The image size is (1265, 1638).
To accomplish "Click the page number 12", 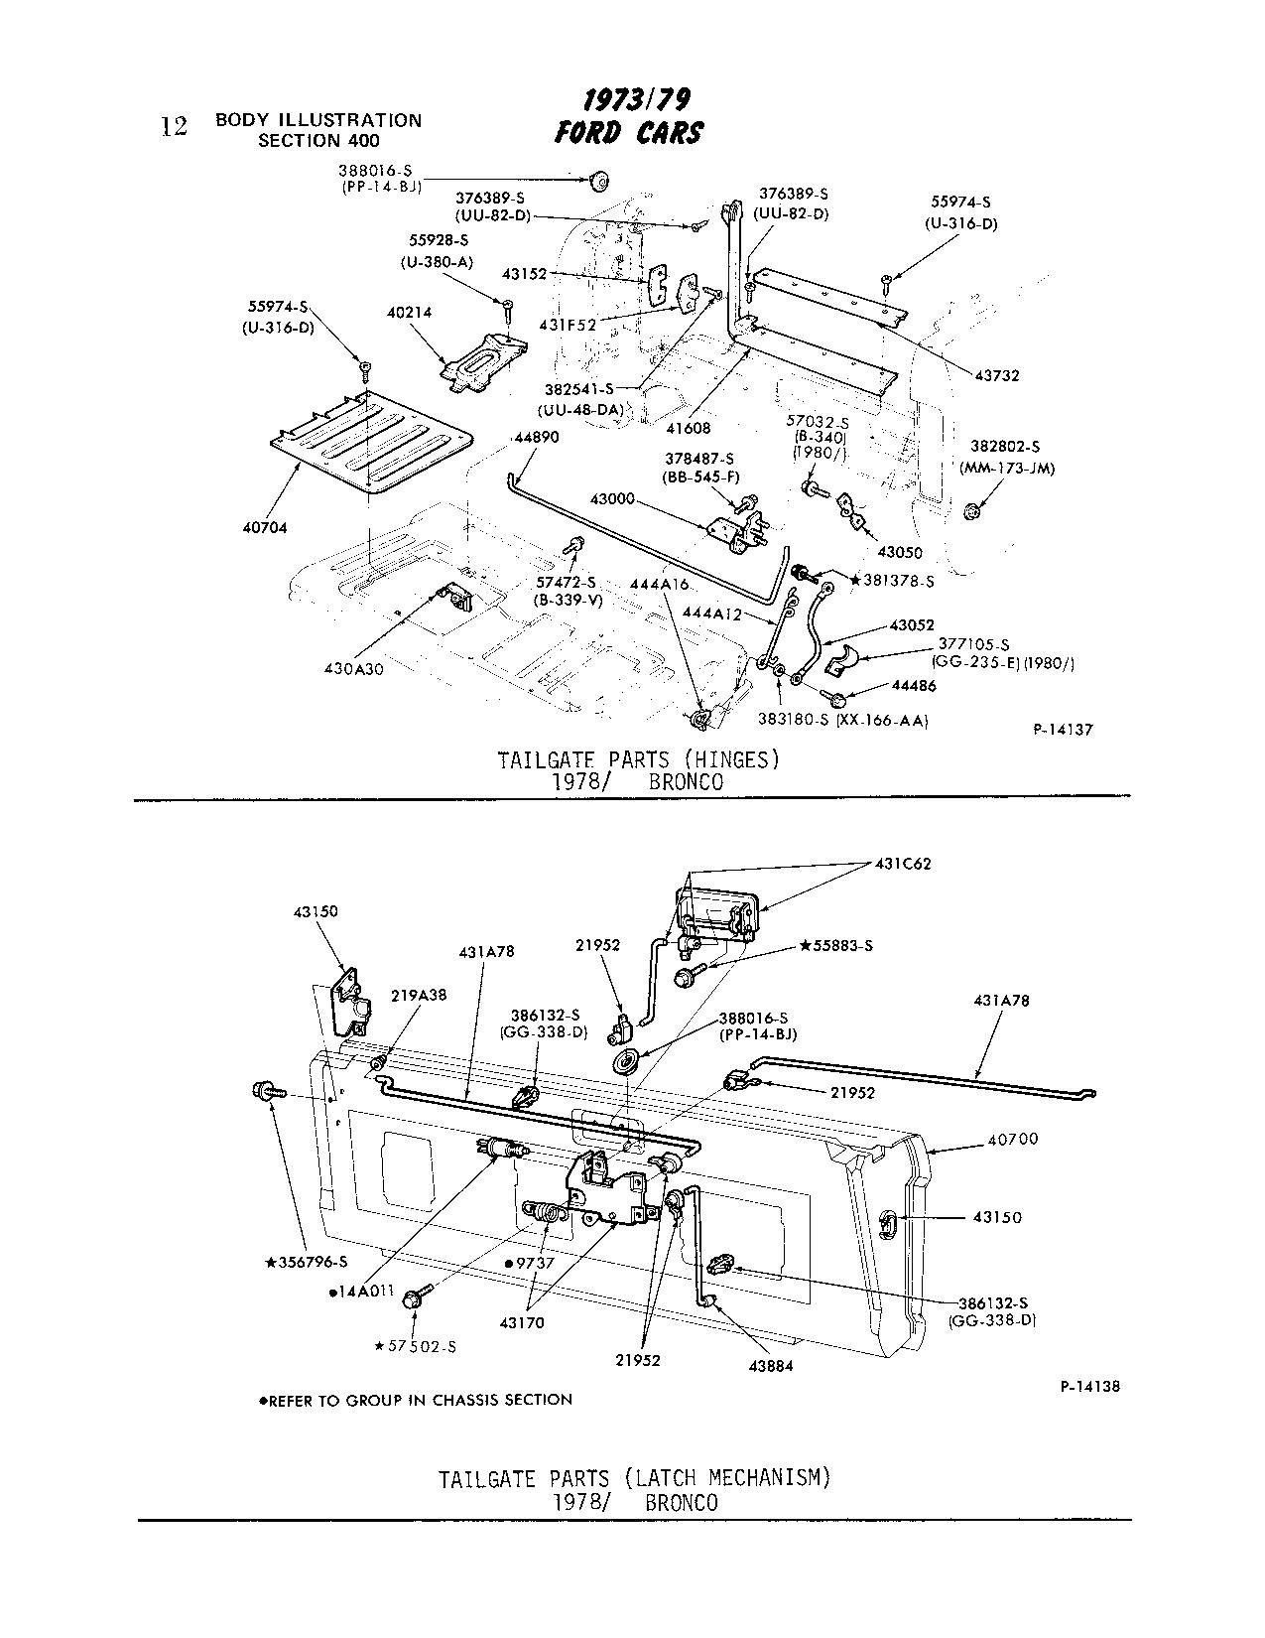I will pos(174,127).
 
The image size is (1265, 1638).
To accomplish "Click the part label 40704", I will pos(265,528).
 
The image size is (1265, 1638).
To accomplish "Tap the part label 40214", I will pos(409,313).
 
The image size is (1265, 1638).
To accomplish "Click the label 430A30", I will pos(353,669).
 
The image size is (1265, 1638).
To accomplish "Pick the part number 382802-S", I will pos(1006,448).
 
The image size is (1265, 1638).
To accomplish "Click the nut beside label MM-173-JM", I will pos(972,510).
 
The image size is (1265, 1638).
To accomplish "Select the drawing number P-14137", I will pos(1063,729).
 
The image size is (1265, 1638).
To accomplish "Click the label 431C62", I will pos(903,864).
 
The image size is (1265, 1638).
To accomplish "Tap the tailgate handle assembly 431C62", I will pos(716,911).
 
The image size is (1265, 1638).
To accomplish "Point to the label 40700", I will pos(1012,1140).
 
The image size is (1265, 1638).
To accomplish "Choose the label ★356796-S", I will pos(306,1263).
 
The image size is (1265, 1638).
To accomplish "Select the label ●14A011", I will pos(361,1292).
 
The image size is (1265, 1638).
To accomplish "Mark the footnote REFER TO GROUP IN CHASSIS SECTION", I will pos(416,1400).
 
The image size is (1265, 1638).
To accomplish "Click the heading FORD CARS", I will pos(629,133).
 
